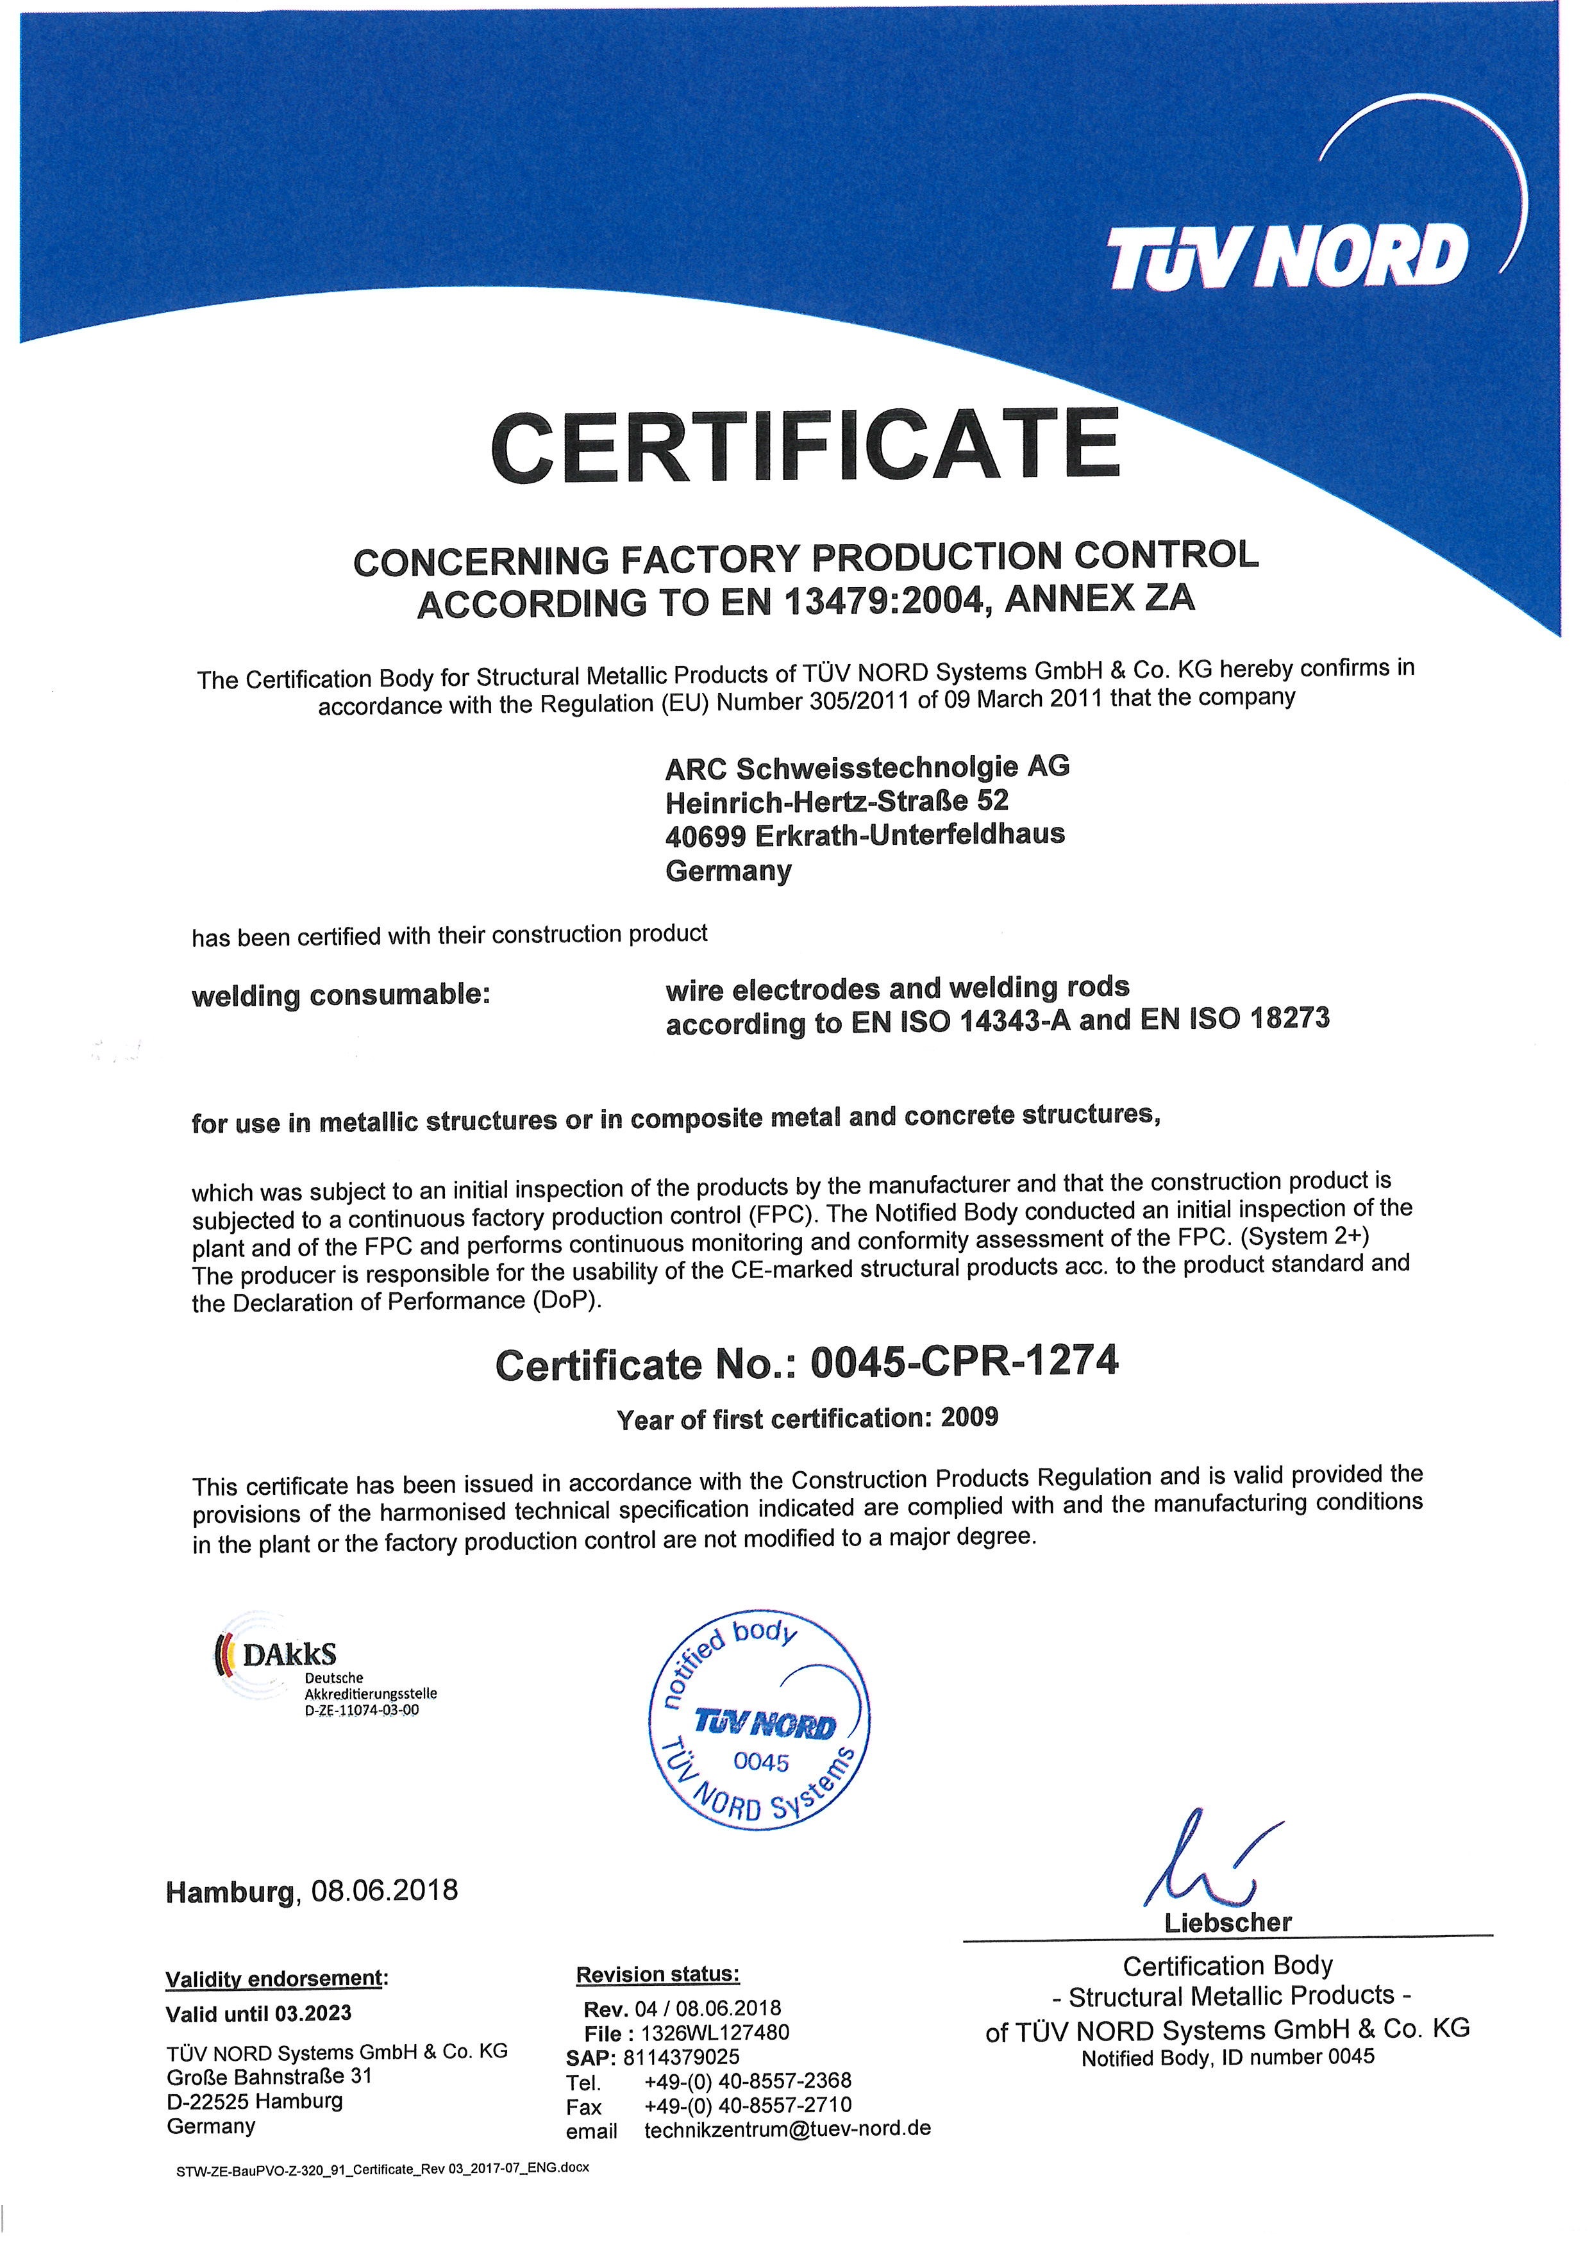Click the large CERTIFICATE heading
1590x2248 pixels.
click(x=805, y=447)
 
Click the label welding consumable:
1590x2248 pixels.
click(x=340, y=995)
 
